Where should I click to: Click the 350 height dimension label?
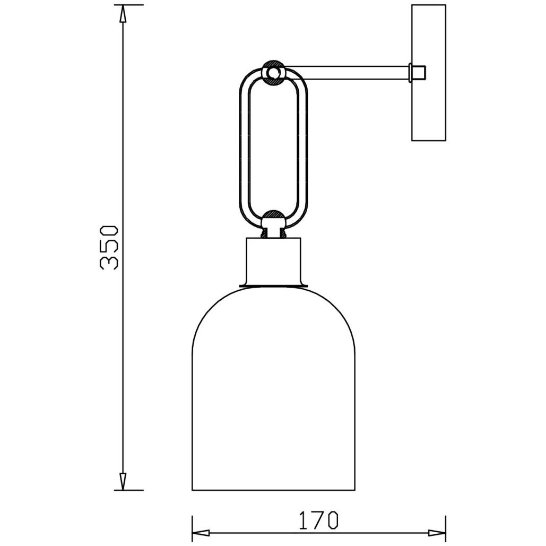109,248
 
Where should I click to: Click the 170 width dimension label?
318,520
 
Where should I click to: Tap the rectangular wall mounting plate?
429,73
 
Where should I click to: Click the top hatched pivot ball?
274,72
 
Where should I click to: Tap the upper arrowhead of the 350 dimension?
123,14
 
